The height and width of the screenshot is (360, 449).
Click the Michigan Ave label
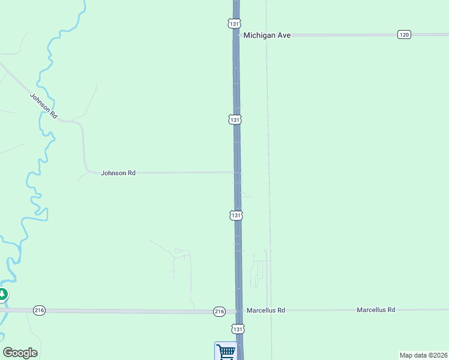tap(267, 35)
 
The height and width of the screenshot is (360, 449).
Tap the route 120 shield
tap(403, 35)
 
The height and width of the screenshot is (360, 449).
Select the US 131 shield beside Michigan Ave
tap(234, 23)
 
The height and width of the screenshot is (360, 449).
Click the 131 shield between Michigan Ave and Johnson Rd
tap(235, 119)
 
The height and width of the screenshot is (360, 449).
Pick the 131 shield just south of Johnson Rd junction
tap(237, 215)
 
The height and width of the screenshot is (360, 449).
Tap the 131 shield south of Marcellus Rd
tap(238, 329)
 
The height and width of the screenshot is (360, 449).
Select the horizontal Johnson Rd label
tap(118, 173)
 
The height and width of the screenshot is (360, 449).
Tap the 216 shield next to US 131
tap(219, 311)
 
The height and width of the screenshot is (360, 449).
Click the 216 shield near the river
tap(40, 310)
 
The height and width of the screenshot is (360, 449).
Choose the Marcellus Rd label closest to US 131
tap(265, 310)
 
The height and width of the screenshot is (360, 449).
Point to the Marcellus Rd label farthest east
tap(376, 310)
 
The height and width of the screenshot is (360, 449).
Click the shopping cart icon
tap(226, 352)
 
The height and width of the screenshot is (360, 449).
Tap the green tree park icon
tap(2, 294)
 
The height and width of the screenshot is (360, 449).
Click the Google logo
tap(20, 353)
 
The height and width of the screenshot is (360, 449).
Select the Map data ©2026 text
tap(423, 355)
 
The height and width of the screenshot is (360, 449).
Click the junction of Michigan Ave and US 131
tap(236, 35)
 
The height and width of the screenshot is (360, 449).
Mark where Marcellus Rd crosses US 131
tap(239, 311)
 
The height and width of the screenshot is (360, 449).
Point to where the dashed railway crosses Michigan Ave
tap(267, 35)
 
